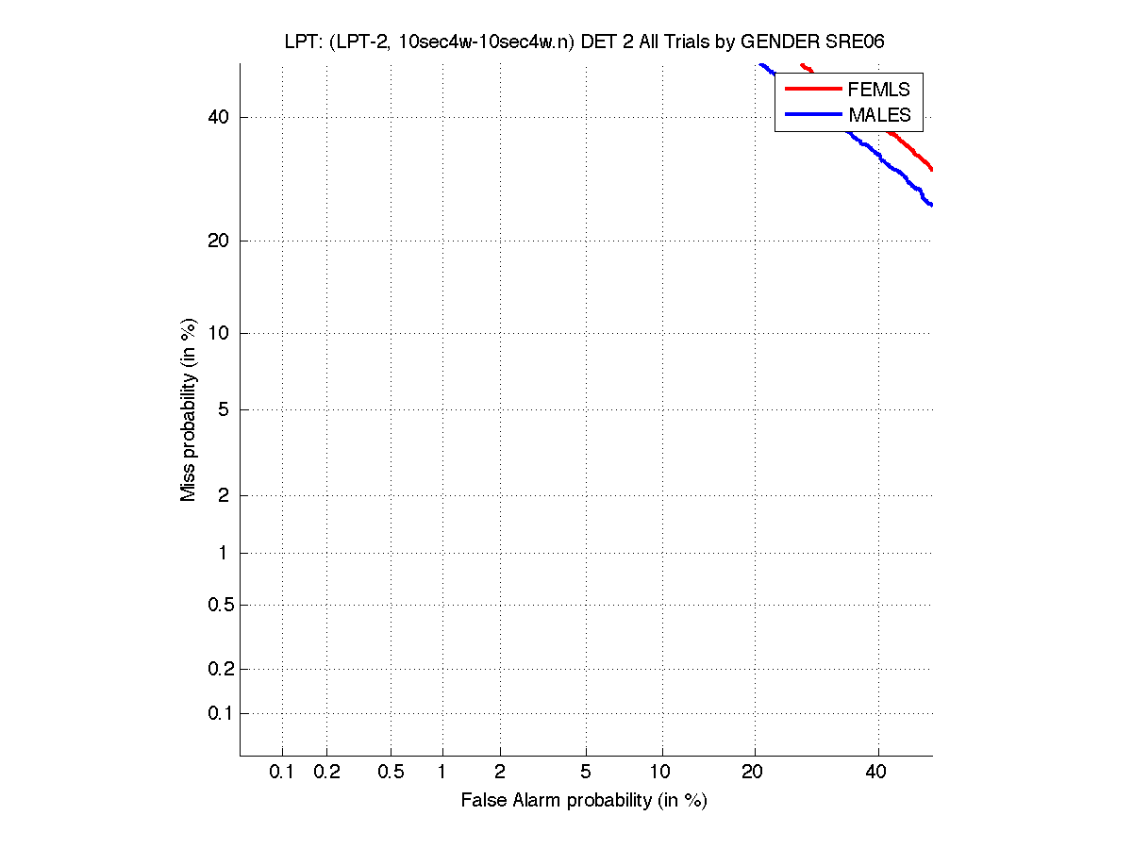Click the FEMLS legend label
coord(878,90)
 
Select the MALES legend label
coord(879,115)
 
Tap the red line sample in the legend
coord(811,89)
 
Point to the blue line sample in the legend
coord(811,114)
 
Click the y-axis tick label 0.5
coord(219,605)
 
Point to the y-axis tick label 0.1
coord(219,713)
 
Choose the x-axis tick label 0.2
coord(326,773)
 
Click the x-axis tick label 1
coord(442,773)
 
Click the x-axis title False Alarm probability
coord(583,801)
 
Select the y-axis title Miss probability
coord(190,410)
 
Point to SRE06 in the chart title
coord(858,43)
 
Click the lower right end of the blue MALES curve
coord(931,205)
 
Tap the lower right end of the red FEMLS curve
coord(931,169)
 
